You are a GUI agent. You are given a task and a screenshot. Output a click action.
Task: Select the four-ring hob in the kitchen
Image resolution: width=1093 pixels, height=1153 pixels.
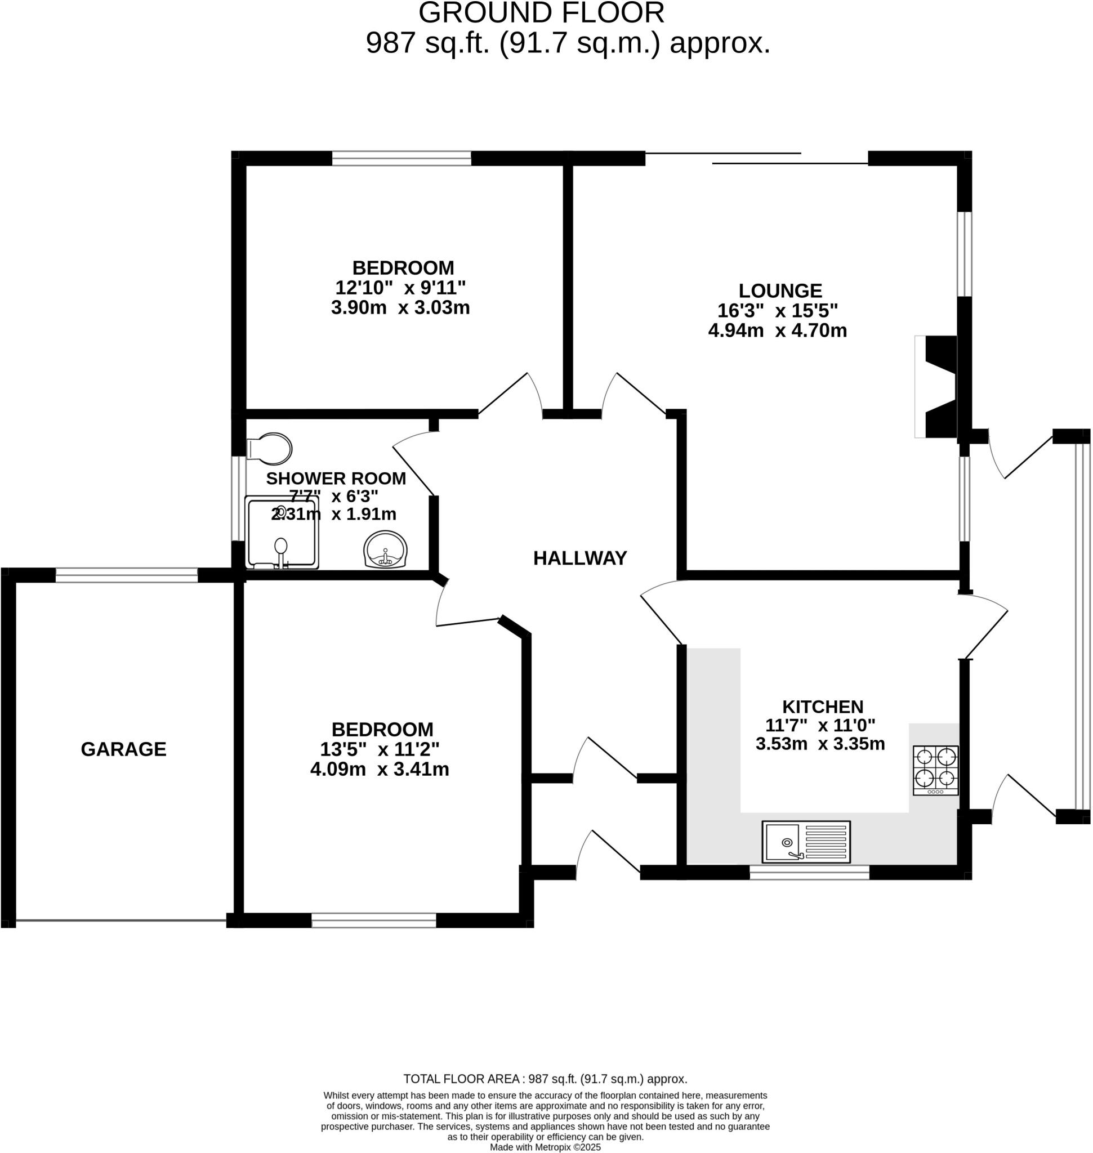click(935, 770)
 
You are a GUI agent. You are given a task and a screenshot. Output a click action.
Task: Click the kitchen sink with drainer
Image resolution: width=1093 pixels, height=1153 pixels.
click(806, 842)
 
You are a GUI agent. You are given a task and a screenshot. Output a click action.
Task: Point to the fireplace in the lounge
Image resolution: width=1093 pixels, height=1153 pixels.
click(938, 387)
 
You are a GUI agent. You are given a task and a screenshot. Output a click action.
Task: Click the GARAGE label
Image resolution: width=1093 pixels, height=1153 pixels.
click(123, 749)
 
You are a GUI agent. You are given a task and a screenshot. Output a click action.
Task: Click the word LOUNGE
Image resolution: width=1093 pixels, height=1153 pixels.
click(780, 290)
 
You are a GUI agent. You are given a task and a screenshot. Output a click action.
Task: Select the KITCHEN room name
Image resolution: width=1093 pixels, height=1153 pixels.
click(822, 707)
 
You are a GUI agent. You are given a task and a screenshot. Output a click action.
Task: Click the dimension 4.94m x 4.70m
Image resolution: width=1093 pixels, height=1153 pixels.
click(777, 330)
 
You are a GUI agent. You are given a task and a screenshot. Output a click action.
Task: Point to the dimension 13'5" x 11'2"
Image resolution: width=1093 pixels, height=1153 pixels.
click(380, 749)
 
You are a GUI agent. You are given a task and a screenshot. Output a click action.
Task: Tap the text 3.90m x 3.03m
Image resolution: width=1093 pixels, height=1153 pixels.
click(400, 307)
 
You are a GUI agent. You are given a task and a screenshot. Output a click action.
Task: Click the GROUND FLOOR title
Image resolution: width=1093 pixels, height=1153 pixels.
click(541, 13)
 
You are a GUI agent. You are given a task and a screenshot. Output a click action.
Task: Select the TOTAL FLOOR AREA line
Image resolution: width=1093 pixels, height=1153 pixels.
click(545, 1079)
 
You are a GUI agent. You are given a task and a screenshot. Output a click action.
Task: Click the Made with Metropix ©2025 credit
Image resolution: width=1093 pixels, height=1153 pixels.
click(545, 1147)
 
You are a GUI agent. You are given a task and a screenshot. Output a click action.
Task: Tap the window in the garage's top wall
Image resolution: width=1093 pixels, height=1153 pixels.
click(127, 575)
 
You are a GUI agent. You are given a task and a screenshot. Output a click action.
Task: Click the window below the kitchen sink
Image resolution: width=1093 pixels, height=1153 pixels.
click(809, 872)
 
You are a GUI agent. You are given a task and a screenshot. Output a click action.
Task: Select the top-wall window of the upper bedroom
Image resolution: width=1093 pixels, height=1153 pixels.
click(401, 158)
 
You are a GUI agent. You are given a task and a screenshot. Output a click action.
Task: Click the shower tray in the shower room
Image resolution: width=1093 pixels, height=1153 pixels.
click(282, 533)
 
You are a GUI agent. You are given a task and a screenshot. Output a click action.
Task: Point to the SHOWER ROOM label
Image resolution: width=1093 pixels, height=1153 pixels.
click(336, 479)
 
